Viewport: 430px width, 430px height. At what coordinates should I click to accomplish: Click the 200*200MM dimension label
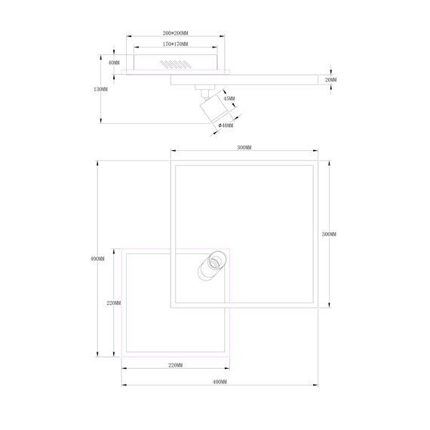(175, 33)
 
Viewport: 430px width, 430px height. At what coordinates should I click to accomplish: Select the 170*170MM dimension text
(175, 44)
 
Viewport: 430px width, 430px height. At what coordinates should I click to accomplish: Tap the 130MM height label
(100, 90)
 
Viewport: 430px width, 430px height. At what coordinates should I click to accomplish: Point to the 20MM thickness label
(330, 80)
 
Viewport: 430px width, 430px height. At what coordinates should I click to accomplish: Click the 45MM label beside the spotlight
(229, 99)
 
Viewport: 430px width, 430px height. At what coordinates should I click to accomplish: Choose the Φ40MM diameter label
(226, 125)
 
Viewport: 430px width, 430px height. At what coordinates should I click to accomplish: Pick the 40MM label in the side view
(114, 63)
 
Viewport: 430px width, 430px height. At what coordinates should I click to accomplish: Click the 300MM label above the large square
(244, 148)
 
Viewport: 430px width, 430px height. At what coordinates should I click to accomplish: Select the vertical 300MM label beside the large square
(329, 234)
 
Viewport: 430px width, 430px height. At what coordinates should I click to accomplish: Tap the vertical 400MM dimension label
(97, 259)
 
